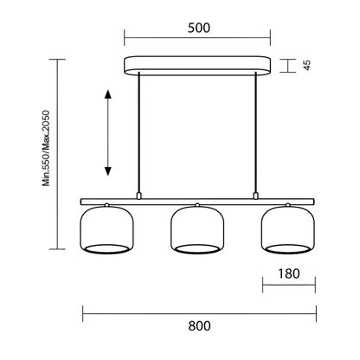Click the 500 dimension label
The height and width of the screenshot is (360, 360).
click(199, 28)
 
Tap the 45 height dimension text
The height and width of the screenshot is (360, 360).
click(307, 65)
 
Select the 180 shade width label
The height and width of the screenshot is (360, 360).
click(289, 273)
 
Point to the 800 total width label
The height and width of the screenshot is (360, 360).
click(199, 326)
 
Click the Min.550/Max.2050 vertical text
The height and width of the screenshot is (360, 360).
click(46, 148)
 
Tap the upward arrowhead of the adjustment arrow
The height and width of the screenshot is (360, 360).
click(107, 94)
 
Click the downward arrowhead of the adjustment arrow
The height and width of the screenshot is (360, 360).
click(107, 171)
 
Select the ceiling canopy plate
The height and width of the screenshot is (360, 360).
click(197, 66)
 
